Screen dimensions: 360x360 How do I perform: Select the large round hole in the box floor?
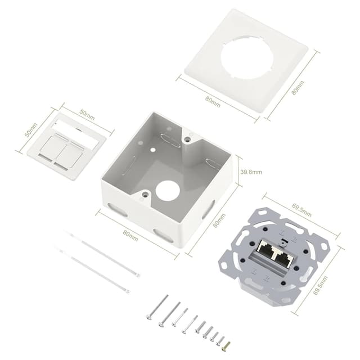(x=167, y=191)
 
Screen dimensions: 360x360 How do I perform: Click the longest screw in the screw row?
(x=157, y=307)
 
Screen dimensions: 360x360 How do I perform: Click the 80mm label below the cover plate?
(x=213, y=102)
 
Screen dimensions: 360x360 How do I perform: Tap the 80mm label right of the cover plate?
(x=298, y=88)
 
